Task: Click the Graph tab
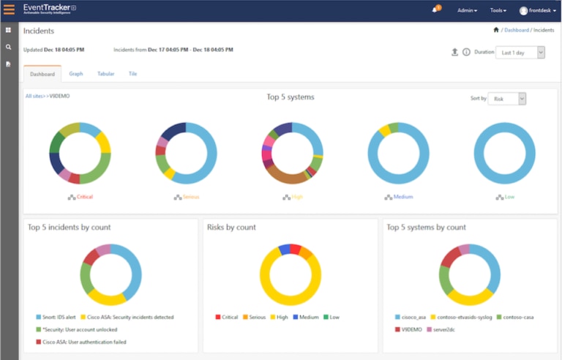pos(76,74)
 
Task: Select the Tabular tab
pos(105,74)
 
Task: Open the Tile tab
pos(132,74)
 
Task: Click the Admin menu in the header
pos(467,11)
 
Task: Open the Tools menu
pos(498,11)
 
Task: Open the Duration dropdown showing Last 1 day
pos(520,53)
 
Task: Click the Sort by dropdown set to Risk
pos(506,99)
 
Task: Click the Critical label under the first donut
pos(84,197)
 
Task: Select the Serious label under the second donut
pos(191,197)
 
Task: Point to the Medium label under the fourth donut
pos(403,197)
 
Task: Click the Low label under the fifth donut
pos(509,197)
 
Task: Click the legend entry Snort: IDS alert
pos(58,317)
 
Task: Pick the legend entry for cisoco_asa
pos(415,317)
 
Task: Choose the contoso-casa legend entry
pos(517,317)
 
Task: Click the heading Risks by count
pos(231,228)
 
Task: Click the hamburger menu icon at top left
pos(9,10)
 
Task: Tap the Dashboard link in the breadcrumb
pos(516,30)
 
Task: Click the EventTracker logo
pos(50,10)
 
